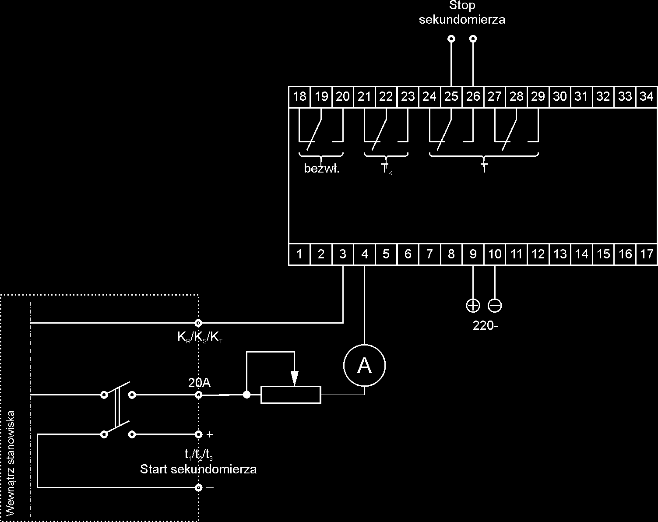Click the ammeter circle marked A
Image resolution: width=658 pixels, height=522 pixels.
coord(364,366)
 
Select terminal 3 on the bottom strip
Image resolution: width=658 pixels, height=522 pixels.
coord(343,254)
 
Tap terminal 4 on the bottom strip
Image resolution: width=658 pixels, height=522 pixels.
coord(364,254)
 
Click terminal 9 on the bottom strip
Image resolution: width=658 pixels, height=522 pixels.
coord(473,254)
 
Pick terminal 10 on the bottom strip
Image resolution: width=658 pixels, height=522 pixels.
coord(495,254)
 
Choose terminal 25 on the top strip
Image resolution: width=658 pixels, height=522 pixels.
coord(451,96)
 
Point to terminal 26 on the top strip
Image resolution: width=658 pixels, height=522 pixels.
coord(473,96)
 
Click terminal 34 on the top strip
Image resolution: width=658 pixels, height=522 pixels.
coord(647,96)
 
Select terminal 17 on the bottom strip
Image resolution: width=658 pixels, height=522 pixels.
coord(647,254)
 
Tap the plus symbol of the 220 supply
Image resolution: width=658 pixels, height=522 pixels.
coord(473,305)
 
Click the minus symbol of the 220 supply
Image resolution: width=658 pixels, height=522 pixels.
coord(495,305)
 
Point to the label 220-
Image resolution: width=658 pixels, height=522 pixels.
coord(486,325)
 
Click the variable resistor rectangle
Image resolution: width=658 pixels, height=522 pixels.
coord(291,395)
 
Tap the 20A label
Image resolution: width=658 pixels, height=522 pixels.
coord(199,383)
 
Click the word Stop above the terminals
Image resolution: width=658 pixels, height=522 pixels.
coord(462,6)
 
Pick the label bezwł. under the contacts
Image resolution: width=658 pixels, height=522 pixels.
coord(322,169)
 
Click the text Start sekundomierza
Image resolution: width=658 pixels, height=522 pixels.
coord(198,469)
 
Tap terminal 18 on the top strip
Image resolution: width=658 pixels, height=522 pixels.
coord(299,96)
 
